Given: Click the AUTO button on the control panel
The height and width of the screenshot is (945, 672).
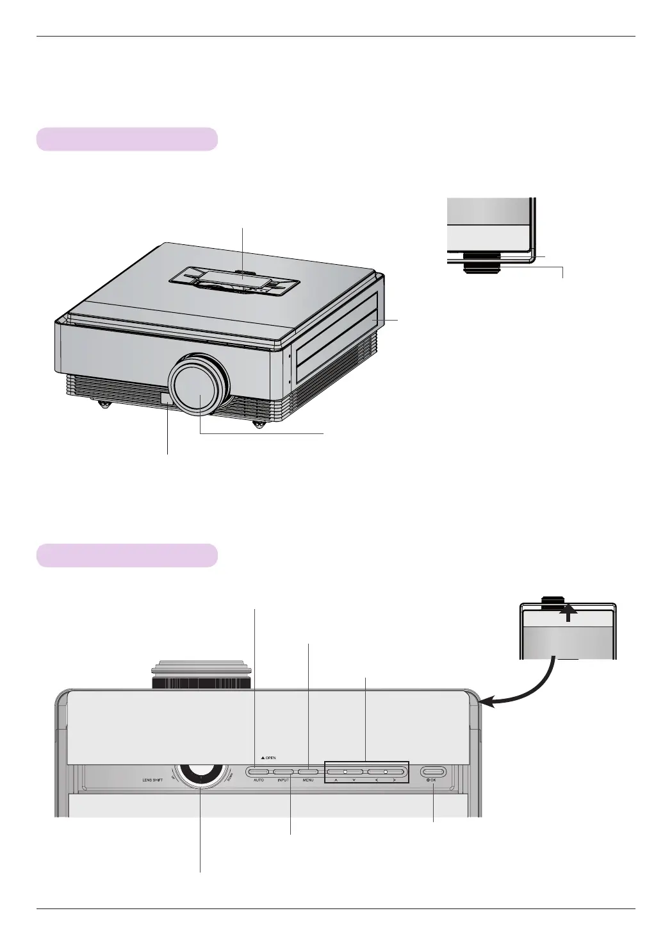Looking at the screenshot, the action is (258, 771).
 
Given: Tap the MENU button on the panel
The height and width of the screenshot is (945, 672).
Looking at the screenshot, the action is (307, 771).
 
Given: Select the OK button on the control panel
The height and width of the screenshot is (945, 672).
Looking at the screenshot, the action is (433, 771).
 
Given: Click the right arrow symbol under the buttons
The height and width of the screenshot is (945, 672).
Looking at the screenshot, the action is (394, 780).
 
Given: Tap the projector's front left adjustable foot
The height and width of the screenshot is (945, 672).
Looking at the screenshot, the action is (102, 405).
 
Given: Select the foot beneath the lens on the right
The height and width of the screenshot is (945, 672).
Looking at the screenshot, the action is (259, 424).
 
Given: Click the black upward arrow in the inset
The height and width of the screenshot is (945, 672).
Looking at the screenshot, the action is (568, 614).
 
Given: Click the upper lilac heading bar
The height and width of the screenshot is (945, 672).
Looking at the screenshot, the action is (127, 139).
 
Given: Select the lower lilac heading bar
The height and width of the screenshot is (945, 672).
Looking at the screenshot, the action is (127, 555).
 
